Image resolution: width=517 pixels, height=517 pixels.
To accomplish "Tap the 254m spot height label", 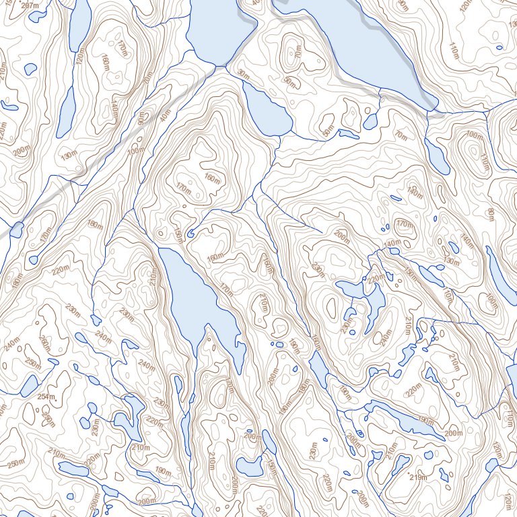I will coord(46,397).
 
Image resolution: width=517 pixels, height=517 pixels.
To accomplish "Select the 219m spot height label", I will coord(419,477).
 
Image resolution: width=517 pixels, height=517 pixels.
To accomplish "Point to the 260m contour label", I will coord(44,343).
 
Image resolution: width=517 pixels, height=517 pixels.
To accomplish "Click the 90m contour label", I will coord(141,120).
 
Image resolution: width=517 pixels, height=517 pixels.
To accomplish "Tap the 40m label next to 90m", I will coord(165,116).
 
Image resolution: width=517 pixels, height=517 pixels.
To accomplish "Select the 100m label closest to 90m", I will coord(135,150).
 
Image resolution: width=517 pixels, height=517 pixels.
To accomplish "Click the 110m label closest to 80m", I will coord(486,161).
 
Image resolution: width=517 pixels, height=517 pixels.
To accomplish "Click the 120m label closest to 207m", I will coord(81,59).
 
